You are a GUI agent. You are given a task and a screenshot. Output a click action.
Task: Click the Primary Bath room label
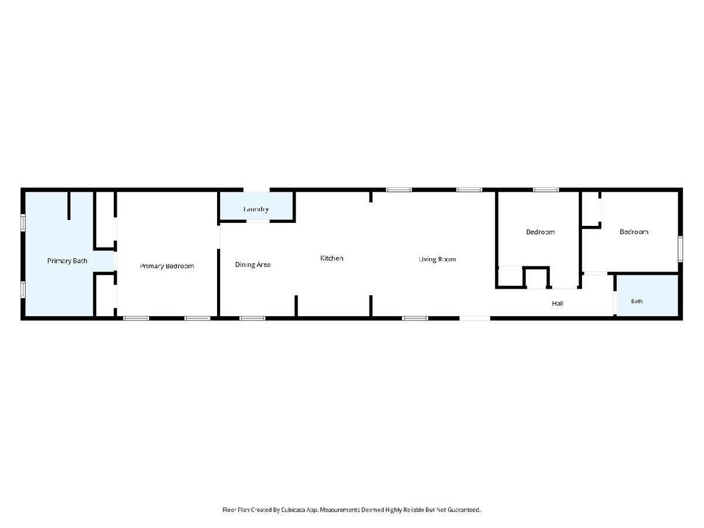click(x=67, y=261)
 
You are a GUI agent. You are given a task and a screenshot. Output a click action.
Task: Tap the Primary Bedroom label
click(x=167, y=266)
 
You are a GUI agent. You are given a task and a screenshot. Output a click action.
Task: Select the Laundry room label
click(x=256, y=209)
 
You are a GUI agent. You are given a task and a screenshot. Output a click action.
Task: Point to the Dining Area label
click(x=253, y=265)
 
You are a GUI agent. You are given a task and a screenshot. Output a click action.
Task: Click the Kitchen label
click(x=331, y=258)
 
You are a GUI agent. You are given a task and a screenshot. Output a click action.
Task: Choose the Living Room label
click(x=437, y=259)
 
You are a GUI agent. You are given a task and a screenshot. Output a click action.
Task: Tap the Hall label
click(x=557, y=303)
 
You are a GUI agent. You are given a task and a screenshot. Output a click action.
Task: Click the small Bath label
click(x=637, y=302)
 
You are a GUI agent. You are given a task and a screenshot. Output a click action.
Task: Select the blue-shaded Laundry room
click(x=256, y=206)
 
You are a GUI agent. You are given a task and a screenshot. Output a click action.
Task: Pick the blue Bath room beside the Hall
click(x=648, y=295)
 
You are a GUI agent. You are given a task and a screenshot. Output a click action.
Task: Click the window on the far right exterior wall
click(x=681, y=249)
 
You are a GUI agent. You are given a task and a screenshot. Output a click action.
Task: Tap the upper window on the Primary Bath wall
click(x=23, y=222)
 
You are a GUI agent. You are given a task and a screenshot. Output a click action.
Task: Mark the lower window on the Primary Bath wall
click(x=23, y=289)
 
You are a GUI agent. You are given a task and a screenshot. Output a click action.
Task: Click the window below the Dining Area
click(x=252, y=319)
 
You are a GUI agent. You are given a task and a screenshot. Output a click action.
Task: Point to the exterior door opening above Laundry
click(x=256, y=189)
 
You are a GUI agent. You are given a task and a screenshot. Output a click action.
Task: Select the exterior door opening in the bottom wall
click(x=475, y=319)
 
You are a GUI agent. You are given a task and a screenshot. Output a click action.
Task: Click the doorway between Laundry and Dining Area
click(x=258, y=221)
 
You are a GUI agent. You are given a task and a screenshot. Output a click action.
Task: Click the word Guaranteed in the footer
click(x=464, y=510)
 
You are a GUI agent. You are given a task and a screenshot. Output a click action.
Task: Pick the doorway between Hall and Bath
click(x=615, y=302)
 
